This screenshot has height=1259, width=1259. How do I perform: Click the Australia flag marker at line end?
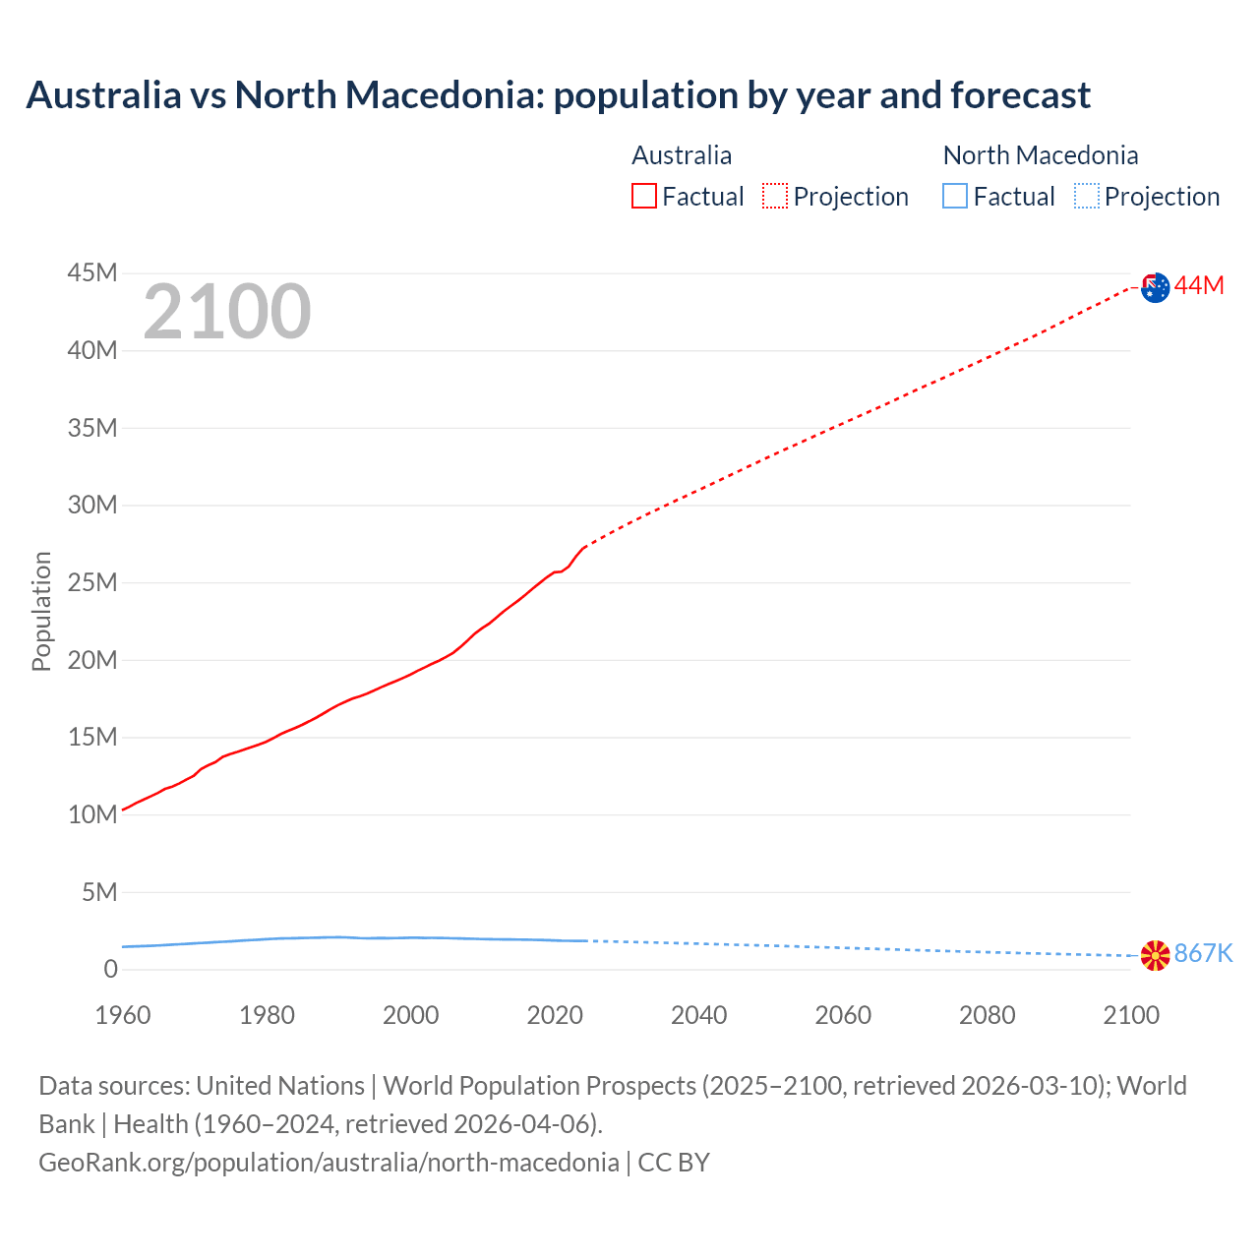click(1156, 287)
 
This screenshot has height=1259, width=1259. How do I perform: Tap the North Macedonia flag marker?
click(1155, 955)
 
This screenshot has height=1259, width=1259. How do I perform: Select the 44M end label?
click(1199, 285)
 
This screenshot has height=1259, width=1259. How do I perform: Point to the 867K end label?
click(1203, 953)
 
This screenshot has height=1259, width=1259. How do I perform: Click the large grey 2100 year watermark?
click(227, 312)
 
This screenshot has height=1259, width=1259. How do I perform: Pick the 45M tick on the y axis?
click(92, 272)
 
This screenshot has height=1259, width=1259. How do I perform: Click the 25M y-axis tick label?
click(92, 582)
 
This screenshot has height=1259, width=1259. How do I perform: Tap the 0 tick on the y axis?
click(110, 969)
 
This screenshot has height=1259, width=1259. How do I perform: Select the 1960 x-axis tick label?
click(123, 1015)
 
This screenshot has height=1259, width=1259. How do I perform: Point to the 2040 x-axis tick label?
click(698, 1015)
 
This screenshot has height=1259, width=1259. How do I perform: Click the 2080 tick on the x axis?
click(987, 1015)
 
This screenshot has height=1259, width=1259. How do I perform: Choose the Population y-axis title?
click(41, 611)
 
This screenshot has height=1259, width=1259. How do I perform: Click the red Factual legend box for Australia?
click(643, 197)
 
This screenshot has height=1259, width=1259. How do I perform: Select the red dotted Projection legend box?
click(775, 197)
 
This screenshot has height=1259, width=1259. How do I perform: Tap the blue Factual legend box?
click(954, 197)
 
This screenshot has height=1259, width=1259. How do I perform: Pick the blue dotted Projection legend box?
click(1086, 197)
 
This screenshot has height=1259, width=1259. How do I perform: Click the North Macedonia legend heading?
click(1040, 155)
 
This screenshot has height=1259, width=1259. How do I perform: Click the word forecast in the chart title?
click(1021, 95)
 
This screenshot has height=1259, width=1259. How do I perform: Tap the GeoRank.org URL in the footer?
click(329, 1163)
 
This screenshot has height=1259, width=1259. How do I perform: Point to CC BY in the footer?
click(674, 1163)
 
